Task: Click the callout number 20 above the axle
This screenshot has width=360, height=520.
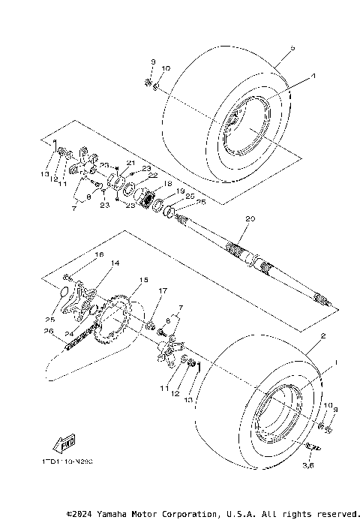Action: [x=250, y=219]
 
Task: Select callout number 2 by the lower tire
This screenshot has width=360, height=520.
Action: [x=323, y=337]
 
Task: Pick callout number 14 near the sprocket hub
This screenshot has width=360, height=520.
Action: [x=115, y=263]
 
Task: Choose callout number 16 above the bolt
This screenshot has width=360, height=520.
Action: [x=97, y=256]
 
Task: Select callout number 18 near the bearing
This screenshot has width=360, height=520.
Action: [x=168, y=184]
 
